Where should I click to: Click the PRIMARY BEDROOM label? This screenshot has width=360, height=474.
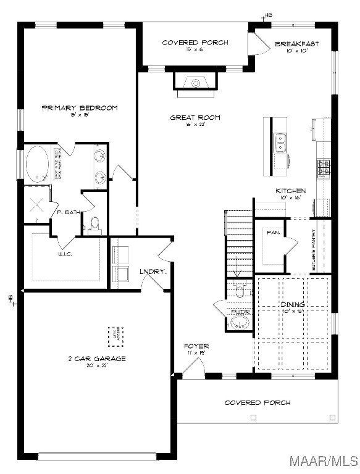coord(79,108)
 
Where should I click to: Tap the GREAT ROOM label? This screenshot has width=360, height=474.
coord(195,117)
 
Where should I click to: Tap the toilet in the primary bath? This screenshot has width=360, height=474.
coord(94,225)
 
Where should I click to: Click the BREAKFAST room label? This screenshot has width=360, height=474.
coord(296,44)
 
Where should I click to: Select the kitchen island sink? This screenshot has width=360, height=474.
coord(280,143)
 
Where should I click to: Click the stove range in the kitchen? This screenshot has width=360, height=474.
coord(324,167)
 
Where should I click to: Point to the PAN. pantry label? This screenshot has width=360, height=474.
coord(274,233)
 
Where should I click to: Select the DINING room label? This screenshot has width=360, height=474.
coord(293,304)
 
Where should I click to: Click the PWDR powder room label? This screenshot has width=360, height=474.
coord(240,312)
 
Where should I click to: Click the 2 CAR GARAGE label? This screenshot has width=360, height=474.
coord(96,358)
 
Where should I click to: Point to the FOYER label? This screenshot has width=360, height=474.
coord(196,346)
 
